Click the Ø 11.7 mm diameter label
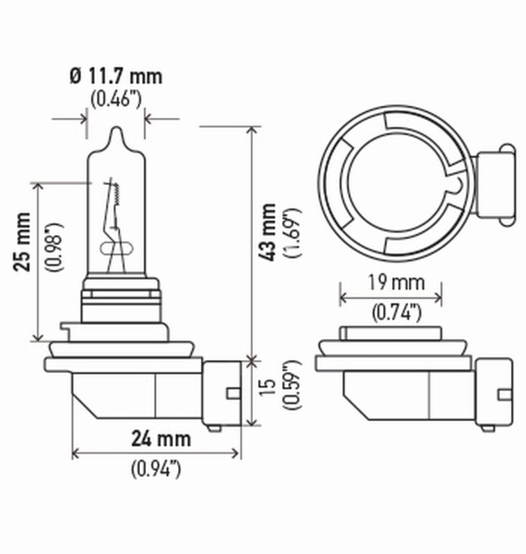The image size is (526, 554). (116, 75)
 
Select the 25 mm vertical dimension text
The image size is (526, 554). (24, 250)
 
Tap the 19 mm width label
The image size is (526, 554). (391, 283)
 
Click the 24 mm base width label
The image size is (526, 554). (161, 439)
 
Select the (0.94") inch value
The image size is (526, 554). (156, 469)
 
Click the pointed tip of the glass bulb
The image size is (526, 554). (116, 129)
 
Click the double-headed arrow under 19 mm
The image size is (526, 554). (391, 298)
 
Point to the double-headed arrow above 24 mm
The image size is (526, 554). (156, 454)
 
